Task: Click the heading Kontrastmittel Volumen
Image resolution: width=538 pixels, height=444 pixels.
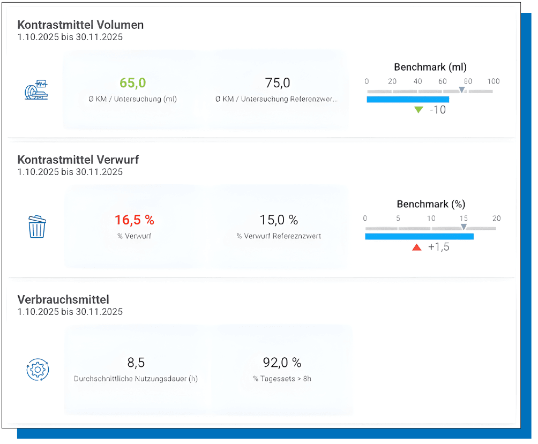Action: [80, 25]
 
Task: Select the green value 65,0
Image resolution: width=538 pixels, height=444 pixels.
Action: [133, 83]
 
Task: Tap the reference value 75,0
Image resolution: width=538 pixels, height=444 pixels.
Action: [278, 83]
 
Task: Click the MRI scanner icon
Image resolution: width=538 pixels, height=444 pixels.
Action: [36, 90]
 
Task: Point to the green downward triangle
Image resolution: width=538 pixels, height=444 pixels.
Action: [419, 110]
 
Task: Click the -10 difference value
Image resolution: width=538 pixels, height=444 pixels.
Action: [438, 110]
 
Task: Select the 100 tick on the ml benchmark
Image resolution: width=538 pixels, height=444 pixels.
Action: [493, 81]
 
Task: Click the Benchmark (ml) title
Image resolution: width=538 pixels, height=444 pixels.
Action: [430, 67]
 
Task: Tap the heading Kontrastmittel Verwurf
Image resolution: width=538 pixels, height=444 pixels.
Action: [78, 160]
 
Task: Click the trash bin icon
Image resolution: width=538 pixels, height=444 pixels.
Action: [37, 227]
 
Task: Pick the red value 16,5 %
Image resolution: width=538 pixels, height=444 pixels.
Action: [134, 220]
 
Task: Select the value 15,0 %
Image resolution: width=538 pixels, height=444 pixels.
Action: [279, 220]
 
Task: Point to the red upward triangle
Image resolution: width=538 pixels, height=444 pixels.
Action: [416, 247]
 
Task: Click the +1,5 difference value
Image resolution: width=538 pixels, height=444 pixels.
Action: [438, 247]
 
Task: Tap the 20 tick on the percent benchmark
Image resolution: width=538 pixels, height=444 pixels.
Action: [496, 218]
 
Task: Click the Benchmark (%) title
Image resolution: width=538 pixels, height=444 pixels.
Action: [431, 204]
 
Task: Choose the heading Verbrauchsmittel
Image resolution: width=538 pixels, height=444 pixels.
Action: [63, 299]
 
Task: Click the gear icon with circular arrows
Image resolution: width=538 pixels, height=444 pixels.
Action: [38, 370]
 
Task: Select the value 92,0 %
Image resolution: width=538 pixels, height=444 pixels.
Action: [282, 363]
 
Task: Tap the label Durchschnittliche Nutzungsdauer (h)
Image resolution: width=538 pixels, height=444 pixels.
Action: [136, 379]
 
